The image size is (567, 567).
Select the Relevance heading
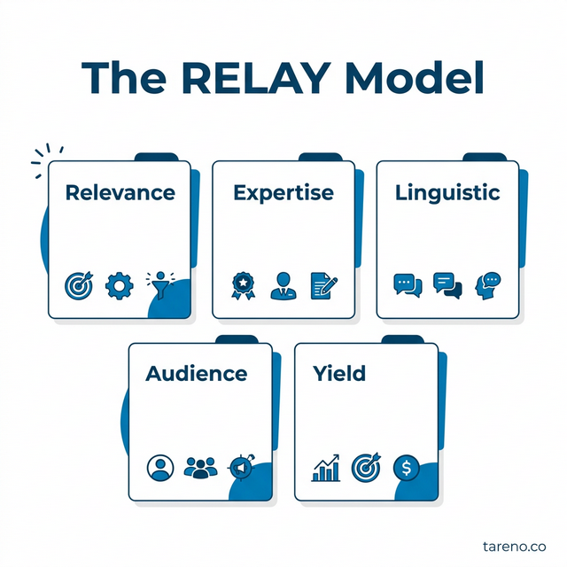click(120, 193)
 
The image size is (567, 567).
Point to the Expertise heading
click(283, 193)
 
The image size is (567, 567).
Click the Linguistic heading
click(447, 193)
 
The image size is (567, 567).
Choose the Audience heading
click(196, 374)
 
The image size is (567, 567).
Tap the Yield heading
click(338, 374)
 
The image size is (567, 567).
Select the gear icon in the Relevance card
click(117, 286)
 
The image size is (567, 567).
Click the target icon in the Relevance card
click(79, 286)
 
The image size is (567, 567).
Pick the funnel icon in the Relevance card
click(159, 284)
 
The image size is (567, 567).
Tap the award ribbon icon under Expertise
click(242, 286)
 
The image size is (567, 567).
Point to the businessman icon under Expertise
click(283, 285)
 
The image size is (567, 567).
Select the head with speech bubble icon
click(487, 284)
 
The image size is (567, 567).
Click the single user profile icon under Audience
click(159, 468)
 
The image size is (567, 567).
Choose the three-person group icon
click(200, 468)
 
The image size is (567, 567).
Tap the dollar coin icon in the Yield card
click(407, 467)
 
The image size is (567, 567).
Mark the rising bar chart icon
click(326, 468)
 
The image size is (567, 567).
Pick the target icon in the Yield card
click(366, 467)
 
